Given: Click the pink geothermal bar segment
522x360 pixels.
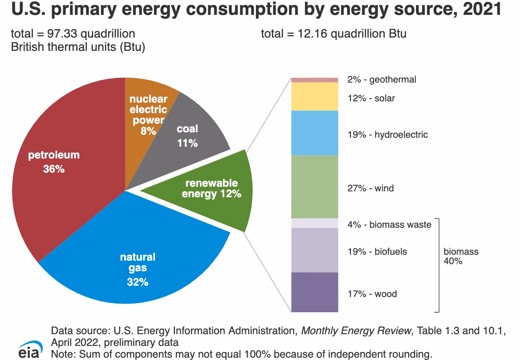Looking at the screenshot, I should point(315,80).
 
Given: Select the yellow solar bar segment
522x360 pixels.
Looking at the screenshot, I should point(315,96).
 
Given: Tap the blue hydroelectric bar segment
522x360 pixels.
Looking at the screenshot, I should point(315,133).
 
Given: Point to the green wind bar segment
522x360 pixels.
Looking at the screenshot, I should point(315,187).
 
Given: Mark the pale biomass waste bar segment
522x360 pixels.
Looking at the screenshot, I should point(315,223).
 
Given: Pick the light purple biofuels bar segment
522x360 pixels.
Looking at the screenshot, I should point(315,250).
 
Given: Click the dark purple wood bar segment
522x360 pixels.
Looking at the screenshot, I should point(315,292).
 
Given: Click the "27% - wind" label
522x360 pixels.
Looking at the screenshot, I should point(371,188).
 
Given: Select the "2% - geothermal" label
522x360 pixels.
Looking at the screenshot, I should point(382,79).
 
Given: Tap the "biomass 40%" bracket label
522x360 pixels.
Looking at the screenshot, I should point(461,256).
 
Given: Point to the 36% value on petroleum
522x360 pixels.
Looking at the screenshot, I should point(54,169).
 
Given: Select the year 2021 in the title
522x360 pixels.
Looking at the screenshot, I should point(482,9).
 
